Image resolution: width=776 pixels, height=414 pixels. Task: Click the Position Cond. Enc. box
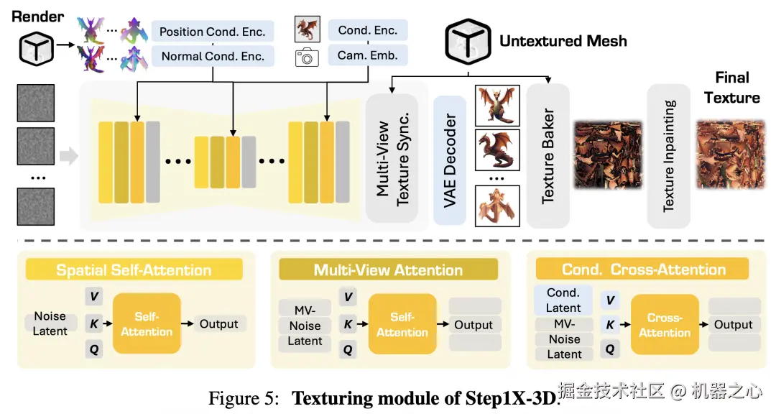(x=212, y=32)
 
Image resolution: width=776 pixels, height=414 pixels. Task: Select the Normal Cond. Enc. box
(x=213, y=56)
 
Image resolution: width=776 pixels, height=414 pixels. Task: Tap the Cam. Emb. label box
(x=368, y=55)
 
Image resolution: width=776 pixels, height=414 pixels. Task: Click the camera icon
(x=308, y=57)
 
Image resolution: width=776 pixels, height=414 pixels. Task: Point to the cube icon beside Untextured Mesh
(x=468, y=40)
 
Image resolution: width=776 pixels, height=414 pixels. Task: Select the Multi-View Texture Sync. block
(x=392, y=157)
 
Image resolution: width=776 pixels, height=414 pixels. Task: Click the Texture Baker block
(x=548, y=156)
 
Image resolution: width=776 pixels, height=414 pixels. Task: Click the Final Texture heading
(x=731, y=88)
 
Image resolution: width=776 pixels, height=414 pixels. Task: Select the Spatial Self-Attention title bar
(x=134, y=270)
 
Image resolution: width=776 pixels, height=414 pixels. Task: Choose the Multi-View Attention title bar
(x=388, y=270)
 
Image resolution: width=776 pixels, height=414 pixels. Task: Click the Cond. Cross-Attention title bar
(x=642, y=270)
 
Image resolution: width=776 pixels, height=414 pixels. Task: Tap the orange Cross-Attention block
(x=665, y=325)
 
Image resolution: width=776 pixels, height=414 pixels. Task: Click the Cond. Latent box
(x=563, y=300)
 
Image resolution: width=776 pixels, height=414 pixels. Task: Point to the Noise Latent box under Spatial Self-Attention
(x=50, y=323)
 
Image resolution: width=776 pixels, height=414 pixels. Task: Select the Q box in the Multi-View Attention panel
(x=348, y=349)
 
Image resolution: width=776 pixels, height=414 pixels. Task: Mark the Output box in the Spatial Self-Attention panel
(x=218, y=324)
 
